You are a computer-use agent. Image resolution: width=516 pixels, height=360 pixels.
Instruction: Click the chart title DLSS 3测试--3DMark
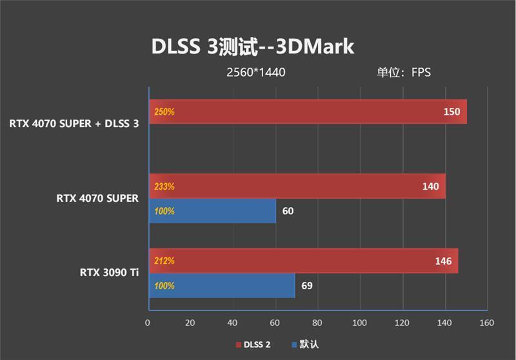[x=252, y=46]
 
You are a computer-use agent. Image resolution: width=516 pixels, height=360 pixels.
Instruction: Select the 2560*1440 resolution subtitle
[x=255, y=72]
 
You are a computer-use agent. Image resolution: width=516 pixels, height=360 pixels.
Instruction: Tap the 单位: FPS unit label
[x=404, y=72]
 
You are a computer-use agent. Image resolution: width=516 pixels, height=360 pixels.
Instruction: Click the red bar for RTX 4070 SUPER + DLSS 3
[x=308, y=112]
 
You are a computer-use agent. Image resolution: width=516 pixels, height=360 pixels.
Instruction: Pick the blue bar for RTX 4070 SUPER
[x=213, y=211]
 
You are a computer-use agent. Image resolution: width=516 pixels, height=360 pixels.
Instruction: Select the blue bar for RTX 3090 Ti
[x=222, y=285]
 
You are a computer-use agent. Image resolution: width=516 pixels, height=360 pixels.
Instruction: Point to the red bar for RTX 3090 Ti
[x=303, y=261]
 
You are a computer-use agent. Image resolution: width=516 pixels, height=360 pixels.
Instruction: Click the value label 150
[x=451, y=112]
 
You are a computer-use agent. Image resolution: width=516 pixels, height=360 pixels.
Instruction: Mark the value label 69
[x=306, y=285]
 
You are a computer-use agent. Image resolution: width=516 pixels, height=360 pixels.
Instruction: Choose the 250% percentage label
[x=164, y=112]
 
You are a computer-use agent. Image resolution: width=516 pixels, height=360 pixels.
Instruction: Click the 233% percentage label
[x=164, y=186]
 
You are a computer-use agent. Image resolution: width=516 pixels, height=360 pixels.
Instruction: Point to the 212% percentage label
[x=164, y=261]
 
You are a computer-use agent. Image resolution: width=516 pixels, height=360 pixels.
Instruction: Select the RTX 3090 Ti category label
[x=109, y=272]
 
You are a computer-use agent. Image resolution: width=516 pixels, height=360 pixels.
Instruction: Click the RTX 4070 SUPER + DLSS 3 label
[x=74, y=123]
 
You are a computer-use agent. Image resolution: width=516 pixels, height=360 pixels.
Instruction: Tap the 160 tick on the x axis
[x=487, y=323]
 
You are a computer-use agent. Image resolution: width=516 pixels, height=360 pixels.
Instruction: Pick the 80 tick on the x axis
[x=317, y=323]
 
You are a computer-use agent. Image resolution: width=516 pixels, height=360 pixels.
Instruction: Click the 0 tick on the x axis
[x=148, y=323]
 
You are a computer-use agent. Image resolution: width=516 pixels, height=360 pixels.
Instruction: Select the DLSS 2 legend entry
[x=253, y=345]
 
